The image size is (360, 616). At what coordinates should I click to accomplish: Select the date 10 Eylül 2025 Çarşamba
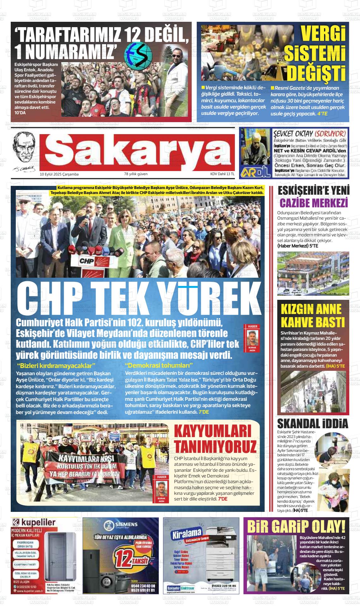pos(59,174)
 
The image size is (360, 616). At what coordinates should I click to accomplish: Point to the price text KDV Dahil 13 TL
pos(222,174)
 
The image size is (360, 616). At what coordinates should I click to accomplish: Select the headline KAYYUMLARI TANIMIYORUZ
pos(215,439)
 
